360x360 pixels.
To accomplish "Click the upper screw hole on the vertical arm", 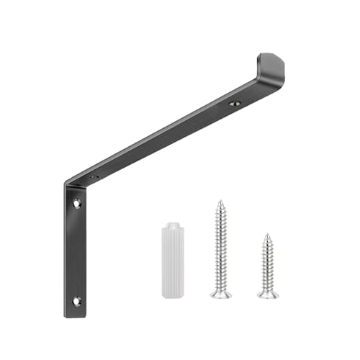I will click(x=76, y=204).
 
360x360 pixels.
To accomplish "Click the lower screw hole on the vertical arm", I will click(x=76, y=301).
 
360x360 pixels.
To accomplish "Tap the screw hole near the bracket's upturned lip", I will click(x=234, y=104).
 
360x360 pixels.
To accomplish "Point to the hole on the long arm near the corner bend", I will click(x=94, y=176).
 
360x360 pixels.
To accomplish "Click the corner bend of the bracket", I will click(x=72, y=184).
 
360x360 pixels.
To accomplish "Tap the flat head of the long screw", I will click(x=221, y=294).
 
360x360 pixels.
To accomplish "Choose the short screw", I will click(x=267, y=265).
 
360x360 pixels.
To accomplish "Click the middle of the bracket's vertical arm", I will click(x=76, y=252).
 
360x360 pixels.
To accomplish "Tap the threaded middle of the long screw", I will click(x=221, y=245).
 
